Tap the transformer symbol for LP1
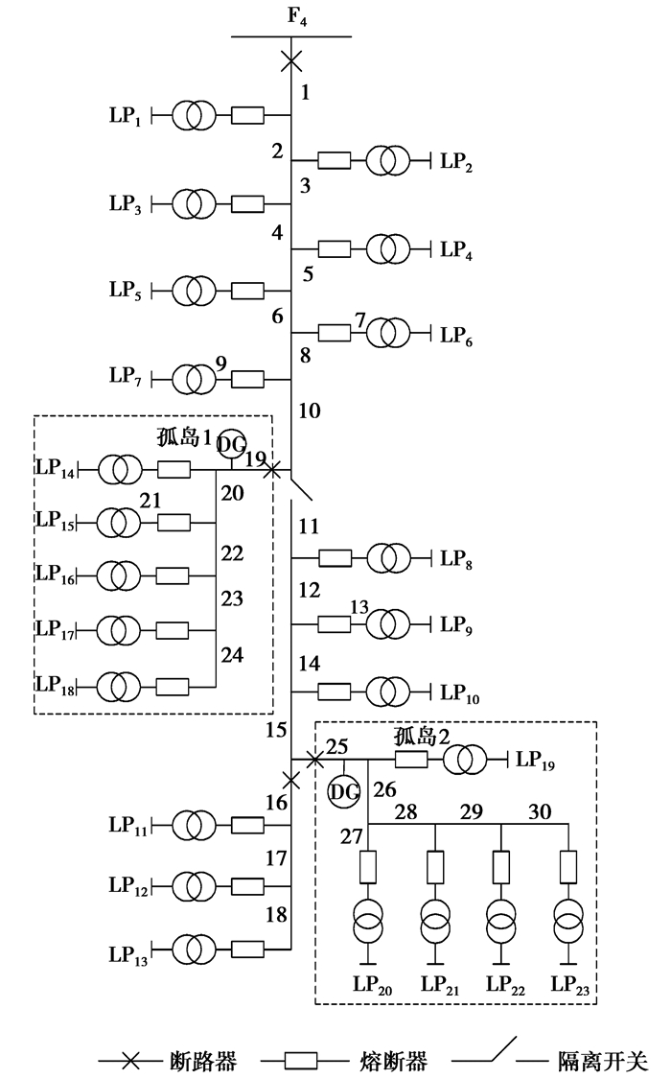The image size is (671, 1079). click(x=195, y=117)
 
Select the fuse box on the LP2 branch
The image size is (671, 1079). click(x=334, y=160)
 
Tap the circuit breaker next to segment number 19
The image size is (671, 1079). click(x=272, y=470)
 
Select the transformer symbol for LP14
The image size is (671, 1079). click(x=120, y=470)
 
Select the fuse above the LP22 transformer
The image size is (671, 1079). click(x=500, y=867)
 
